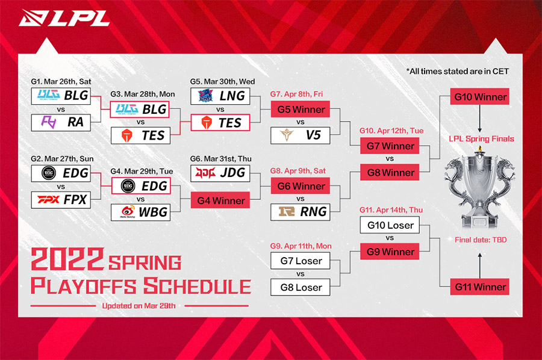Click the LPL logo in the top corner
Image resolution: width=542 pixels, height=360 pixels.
coord(64,18)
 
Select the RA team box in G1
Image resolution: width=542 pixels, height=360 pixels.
coord(61,122)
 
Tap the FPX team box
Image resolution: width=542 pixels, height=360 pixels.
coord(61,200)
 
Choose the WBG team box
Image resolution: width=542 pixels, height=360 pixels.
coord(141,212)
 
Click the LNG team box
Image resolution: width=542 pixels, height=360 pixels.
coord(220,96)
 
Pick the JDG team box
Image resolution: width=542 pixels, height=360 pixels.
coord(220,173)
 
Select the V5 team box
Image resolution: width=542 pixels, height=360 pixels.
coord(301,135)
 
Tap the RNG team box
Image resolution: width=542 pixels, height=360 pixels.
coord(301,212)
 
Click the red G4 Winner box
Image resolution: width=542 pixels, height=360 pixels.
coord(220,200)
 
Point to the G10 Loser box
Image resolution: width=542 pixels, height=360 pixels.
coord(390,225)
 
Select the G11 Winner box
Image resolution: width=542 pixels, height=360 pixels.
coord(480,287)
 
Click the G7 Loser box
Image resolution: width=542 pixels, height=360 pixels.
coord(301,261)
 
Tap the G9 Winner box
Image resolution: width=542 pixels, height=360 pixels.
coord(390,252)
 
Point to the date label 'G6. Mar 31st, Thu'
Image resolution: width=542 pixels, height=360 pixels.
coord(221,159)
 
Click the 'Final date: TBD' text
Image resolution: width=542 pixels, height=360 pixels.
coord(481,240)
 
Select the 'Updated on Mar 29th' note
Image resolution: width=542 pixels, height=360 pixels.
coord(139,306)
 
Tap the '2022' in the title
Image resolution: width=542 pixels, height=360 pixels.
coord(67,259)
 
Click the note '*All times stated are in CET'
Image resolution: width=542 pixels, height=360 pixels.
coord(458,72)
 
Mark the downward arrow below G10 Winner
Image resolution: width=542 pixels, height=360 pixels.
coord(480,119)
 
